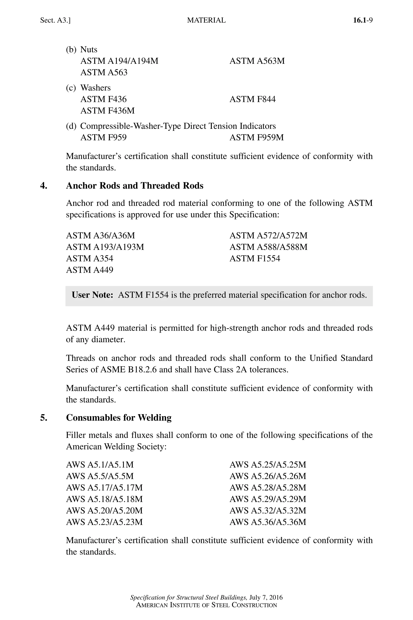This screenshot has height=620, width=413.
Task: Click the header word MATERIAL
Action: click(x=206, y=20)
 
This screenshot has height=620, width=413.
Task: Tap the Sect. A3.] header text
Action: click(x=55, y=20)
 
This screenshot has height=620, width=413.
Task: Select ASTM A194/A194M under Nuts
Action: click(x=119, y=61)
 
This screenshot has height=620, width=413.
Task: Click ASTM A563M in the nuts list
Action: click(x=257, y=61)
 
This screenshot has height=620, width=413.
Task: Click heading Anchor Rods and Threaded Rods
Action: click(x=135, y=186)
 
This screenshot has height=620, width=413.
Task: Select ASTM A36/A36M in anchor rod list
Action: click(x=100, y=235)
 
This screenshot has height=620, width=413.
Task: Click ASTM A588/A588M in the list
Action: click(x=268, y=247)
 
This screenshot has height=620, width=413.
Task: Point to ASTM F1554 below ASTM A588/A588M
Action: click(x=255, y=258)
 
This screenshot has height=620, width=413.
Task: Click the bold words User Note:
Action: click(x=92, y=295)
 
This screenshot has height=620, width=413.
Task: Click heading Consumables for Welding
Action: click(x=119, y=418)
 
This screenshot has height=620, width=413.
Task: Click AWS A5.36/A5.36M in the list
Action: click(x=268, y=522)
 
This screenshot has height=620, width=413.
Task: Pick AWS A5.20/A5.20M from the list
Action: click(x=104, y=511)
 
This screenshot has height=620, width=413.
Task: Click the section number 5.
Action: click(x=44, y=418)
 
